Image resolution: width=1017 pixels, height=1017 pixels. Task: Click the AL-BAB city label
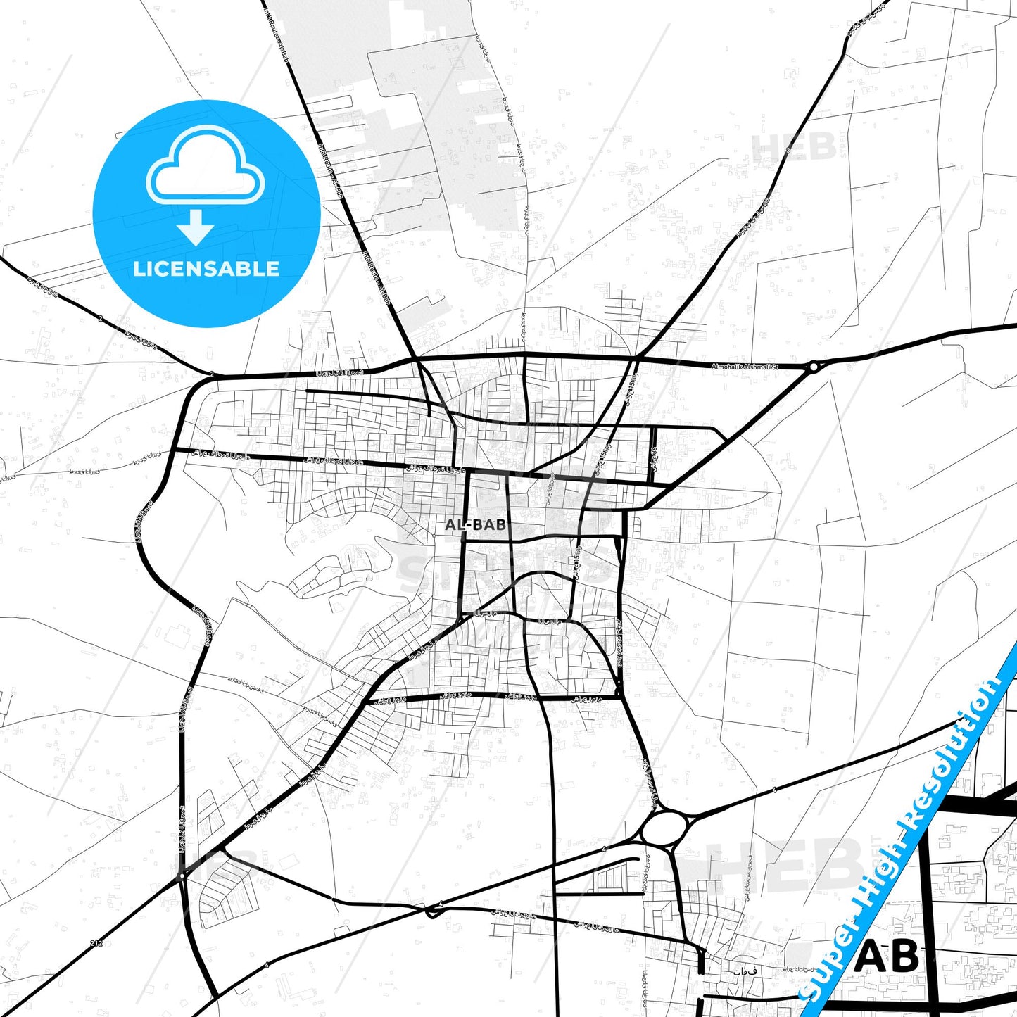tap(475, 525)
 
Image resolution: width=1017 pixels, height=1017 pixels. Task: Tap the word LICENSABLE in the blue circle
tap(206, 269)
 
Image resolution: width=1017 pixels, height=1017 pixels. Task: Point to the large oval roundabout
tap(665, 824)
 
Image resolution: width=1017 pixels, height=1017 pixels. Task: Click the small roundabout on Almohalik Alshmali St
tap(814, 366)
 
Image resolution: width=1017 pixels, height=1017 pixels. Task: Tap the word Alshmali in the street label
tap(759, 367)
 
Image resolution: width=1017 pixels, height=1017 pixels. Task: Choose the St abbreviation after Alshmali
tap(775, 367)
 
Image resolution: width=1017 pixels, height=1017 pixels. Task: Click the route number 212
tap(96, 942)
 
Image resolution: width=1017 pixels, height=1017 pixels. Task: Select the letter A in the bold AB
tap(872, 957)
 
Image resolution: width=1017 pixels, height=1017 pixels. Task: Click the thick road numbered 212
tap(70, 964)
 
